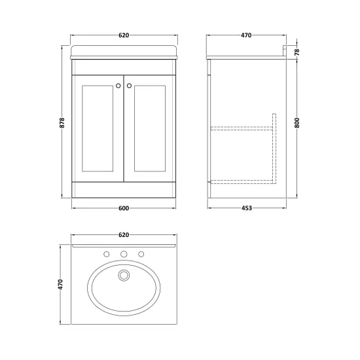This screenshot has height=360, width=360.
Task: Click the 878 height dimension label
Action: pos(62,122)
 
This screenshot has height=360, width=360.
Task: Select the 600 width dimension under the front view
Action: pos(124,208)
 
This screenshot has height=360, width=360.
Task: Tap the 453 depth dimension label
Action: pos(247,208)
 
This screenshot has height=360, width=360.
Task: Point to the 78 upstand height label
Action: pos(297,52)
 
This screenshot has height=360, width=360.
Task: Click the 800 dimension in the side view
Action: pos(297,122)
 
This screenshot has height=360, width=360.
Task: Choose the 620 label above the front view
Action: pos(124,35)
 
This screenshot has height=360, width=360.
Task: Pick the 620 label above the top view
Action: pos(124,235)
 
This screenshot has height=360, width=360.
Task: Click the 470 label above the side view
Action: pos(246,35)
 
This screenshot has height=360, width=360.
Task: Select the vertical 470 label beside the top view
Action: pos(60,284)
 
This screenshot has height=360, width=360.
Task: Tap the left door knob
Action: pos(118,86)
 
